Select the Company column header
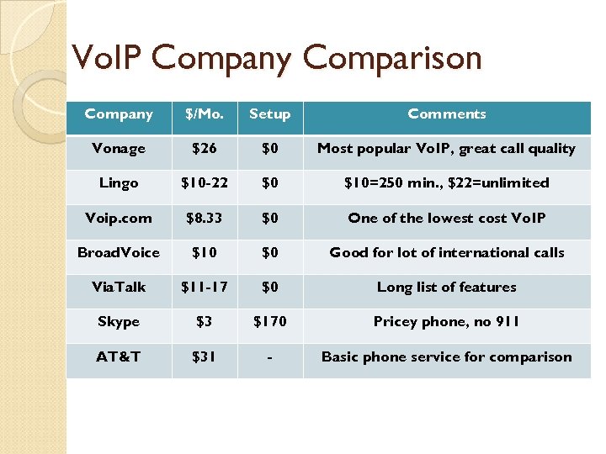click(x=119, y=114)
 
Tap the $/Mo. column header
click(x=204, y=114)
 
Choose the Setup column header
click(x=269, y=114)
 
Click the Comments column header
click(x=446, y=114)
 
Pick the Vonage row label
click(x=119, y=149)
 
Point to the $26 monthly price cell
click(x=204, y=149)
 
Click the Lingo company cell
click(x=119, y=183)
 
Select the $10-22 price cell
click(x=204, y=183)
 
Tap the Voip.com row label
click(x=119, y=218)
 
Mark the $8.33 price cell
click(x=204, y=218)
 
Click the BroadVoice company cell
click(x=119, y=252)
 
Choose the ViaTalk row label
click(x=119, y=287)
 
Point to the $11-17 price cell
click(x=204, y=287)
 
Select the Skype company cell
click(x=119, y=321)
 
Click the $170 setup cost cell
click(x=269, y=321)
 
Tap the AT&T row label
click(x=119, y=356)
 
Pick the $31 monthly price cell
click(x=204, y=356)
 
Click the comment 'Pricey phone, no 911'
click(x=446, y=321)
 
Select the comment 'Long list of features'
click(x=446, y=287)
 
